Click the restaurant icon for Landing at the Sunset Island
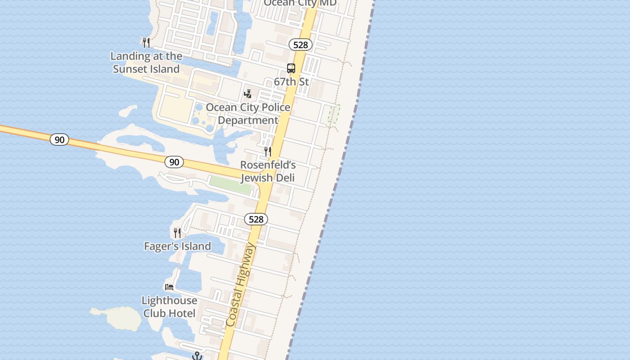pyautogui.click(x=146, y=43)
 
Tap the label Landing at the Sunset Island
pyautogui.click(x=146, y=63)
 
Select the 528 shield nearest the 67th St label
pyautogui.click(x=301, y=45)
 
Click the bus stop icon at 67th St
pyautogui.click(x=291, y=68)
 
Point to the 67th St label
pyautogui.click(x=291, y=81)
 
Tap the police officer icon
pyautogui.click(x=247, y=94)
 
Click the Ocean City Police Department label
pyautogui.click(x=248, y=114)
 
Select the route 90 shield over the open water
pyautogui.click(x=59, y=139)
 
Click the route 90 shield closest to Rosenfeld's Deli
pyautogui.click(x=174, y=162)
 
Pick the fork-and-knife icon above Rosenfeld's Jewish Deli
pyautogui.click(x=268, y=152)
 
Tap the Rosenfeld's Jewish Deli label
pyautogui.click(x=268, y=171)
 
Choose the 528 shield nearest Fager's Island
pyautogui.click(x=256, y=219)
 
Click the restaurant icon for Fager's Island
pyautogui.click(x=177, y=233)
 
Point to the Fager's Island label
pyautogui.click(x=177, y=246)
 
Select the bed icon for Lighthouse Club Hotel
pyautogui.click(x=169, y=287)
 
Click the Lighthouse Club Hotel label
pyautogui.click(x=169, y=307)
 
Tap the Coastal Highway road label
pyautogui.click(x=241, y=285)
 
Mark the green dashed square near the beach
pyautogui.click(x=334, y=113)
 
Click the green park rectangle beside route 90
pyautogui.click(x=230, y=184)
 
